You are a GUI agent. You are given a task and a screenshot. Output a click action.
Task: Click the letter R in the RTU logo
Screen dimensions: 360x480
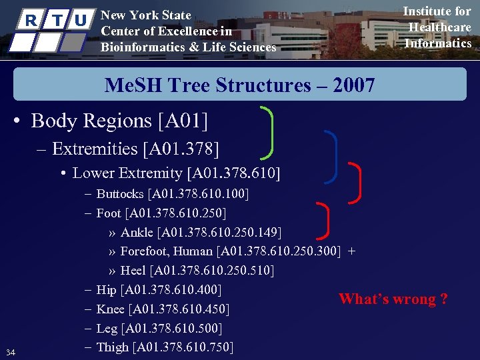(x=30, y=20)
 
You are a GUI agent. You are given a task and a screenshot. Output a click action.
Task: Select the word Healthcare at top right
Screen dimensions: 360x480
(x=439, y=27)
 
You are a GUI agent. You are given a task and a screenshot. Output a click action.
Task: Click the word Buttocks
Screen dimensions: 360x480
(x=120, y=194)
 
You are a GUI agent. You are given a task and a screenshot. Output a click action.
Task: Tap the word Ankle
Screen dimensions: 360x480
(x=137, y=232)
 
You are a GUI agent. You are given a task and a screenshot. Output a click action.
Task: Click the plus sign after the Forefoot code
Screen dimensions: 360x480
(x=351, y=251)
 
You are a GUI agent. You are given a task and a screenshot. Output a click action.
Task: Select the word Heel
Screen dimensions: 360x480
(x=133, y=271)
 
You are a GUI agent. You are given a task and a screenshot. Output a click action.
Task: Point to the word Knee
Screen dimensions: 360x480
(x=111, y=309)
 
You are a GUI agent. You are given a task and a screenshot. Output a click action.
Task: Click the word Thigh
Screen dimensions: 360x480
(x=113, y=347)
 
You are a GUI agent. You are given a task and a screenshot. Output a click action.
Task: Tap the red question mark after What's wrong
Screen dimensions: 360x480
(x=444, y=299)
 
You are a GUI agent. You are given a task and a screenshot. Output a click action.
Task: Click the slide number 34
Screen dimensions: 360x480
(x=10, y=351)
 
